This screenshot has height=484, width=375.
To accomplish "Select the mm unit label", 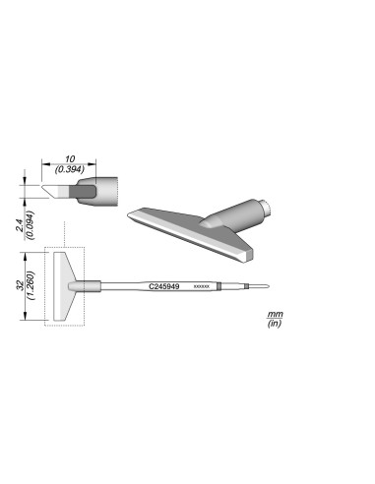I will (274, 314).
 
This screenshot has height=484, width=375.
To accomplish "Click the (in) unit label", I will (274, 323).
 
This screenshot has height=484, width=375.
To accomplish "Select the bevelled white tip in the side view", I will (54, 188).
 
